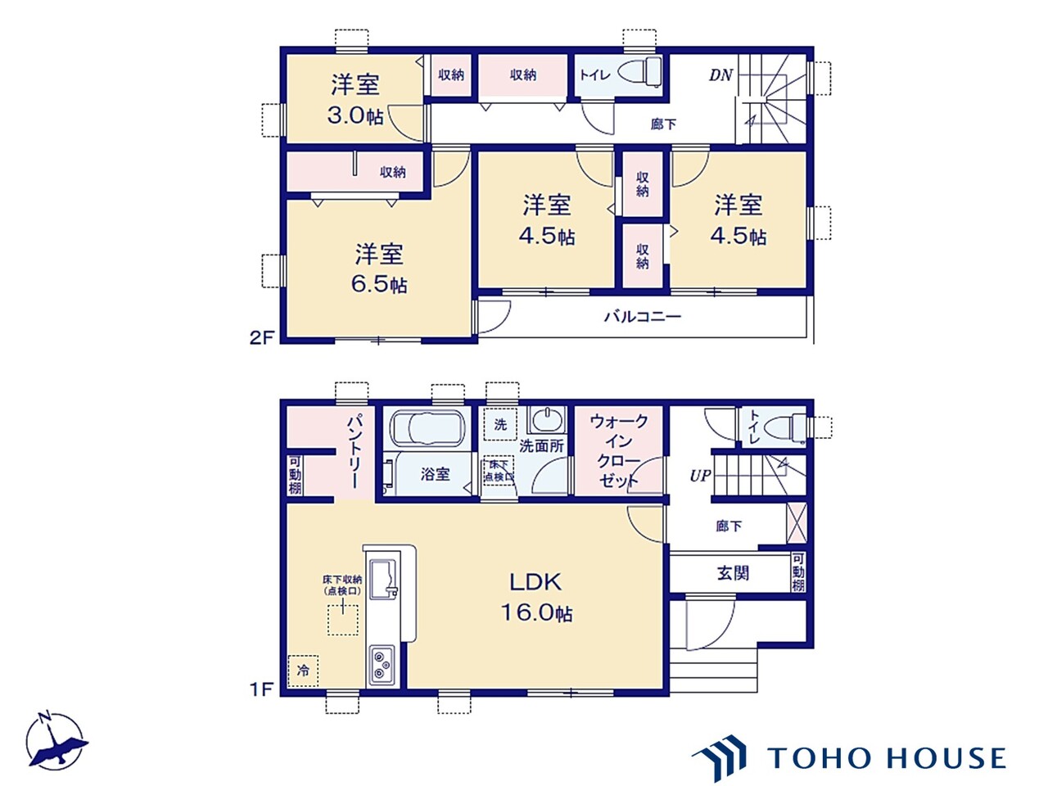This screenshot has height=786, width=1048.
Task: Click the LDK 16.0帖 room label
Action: pyautogui.click(x=536, y=596)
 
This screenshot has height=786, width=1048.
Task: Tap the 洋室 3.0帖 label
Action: pyautogui.click(x=355, y=99)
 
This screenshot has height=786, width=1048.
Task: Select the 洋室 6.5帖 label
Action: pyautogui.click(x=380, y=268)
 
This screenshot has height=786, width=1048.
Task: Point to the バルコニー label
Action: pyautogui.click(x=643, y=316)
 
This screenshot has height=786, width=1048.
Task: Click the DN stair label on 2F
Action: pyautogui.click(x=720, y=75)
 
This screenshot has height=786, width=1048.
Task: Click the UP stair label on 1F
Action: pyautogui.click(x=700, y=476)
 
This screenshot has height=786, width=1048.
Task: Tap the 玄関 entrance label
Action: pyautogui.click(x=733, y=573)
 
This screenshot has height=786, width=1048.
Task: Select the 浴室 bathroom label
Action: pyautogui.click(x=435, y=474)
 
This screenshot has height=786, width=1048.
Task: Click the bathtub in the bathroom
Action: pyautogui.click(x=427, y=428)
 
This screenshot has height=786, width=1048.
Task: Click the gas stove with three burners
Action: pyautogui.click(x=382, y=664)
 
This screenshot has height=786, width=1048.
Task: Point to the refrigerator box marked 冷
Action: pyautogui.click(x=303, y=671)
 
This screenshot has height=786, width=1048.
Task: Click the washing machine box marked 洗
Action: pyautogui.click(x=500, y=424)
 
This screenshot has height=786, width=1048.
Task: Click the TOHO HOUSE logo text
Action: pyautogui.click(x=887, y=758)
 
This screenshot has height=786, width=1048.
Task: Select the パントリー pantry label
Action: pyautogui.click(x=355, y=451)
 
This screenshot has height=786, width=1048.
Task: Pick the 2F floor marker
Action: pyautogui.click(x=261, y=337)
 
